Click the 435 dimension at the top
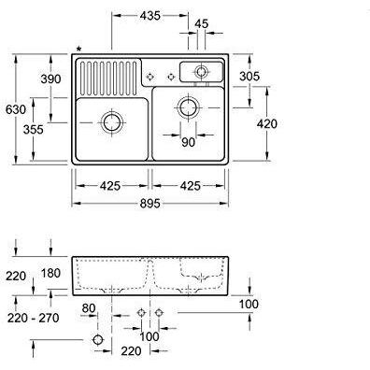click(149, 15)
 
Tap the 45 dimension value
click(202, 24)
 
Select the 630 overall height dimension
click(16, 109)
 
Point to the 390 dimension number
click(51, 78)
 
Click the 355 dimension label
click(34, 129)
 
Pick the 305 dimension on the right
click(249, 76)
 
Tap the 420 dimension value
click(267, 123)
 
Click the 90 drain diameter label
click(188, 142)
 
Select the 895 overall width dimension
click(149, 204)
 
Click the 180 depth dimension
click(50, 273)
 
